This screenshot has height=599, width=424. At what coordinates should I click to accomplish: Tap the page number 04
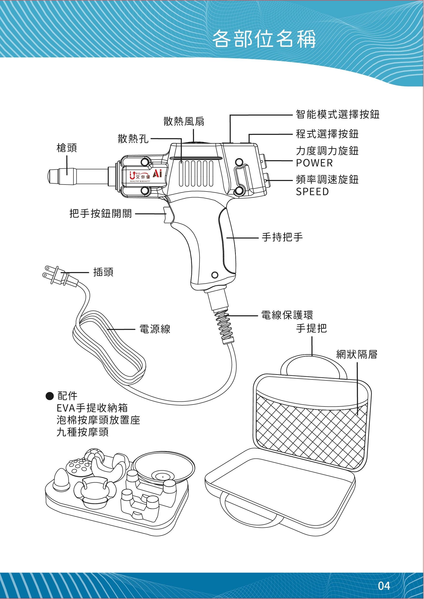(384, 586)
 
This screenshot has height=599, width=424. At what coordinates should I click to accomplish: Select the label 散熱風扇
(184, 122)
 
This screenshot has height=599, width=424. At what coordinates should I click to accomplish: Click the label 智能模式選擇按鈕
(338, 115)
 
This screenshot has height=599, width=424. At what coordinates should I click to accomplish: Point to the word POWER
(314, 163)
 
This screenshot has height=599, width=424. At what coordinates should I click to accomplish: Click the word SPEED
(312, 192)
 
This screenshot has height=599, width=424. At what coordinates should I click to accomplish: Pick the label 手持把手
(282, 237)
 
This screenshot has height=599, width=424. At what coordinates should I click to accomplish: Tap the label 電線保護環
(287, 315)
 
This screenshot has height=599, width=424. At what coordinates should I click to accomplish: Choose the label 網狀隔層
(357, 355)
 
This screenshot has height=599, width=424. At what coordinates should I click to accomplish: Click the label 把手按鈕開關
(101, 214)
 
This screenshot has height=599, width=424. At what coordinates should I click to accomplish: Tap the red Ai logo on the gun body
(157, 173)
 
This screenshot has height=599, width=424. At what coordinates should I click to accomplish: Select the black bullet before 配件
(49, 396)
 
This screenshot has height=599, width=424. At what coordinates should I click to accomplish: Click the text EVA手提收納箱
(92, 408)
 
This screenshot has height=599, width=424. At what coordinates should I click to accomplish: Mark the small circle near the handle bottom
(215, 275)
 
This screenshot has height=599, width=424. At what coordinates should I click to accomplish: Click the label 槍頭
(67, 148)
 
